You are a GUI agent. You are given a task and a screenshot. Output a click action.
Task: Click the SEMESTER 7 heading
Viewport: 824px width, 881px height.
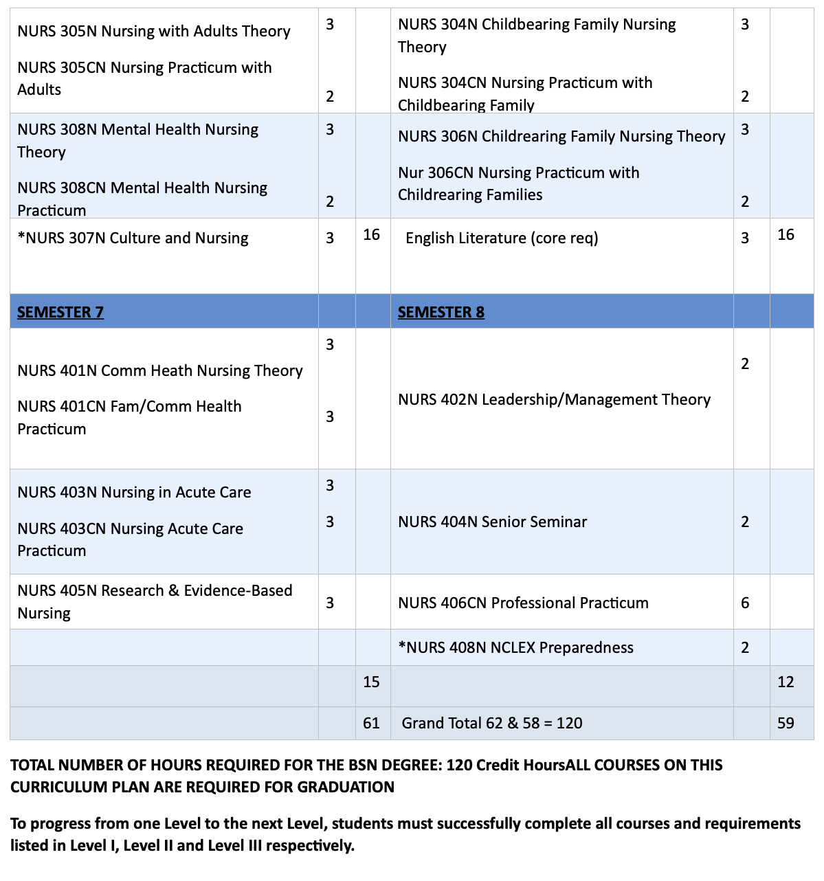[60, 312]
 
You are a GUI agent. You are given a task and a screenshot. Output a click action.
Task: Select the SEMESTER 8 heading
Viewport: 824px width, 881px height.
[441, 312]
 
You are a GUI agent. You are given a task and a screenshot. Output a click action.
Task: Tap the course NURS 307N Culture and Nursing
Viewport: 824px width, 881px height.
[133, 238]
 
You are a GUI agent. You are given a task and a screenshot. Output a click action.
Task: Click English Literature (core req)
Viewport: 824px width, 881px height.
[502, 238]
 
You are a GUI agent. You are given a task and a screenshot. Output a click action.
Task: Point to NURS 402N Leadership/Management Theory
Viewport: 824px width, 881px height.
[554, 399]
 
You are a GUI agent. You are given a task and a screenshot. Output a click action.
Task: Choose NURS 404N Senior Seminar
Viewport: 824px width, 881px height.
[493, 522]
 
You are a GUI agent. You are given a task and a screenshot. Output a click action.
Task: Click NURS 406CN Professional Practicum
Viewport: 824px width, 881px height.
[523, 603]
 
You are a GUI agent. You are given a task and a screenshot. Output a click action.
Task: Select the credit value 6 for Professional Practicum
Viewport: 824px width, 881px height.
[745, 603]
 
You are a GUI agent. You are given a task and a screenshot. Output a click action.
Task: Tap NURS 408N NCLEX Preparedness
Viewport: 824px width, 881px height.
[516, 647]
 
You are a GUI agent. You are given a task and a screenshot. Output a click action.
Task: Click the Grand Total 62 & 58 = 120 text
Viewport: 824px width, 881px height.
[492, 723]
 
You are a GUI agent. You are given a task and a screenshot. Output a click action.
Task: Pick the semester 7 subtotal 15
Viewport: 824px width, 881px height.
[371, 682]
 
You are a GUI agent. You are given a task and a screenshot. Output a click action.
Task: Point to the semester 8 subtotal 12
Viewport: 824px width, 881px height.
[786, 682]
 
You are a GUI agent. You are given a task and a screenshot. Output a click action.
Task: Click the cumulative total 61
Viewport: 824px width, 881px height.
[371, 723]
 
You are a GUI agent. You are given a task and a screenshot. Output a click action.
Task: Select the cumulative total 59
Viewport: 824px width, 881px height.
[786, 723]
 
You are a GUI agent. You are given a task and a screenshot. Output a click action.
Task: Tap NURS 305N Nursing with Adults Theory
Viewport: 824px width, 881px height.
[154, 31]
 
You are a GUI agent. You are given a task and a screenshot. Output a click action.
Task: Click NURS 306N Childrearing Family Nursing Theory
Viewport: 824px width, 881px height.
[561, 136]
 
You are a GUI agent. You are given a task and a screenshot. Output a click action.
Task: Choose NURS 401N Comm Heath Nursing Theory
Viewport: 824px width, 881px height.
[160, 370]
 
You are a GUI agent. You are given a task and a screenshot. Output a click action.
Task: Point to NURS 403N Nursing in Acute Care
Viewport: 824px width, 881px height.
[134, 492]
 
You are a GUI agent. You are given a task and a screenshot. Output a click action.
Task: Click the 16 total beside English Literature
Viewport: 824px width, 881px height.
[786, 235]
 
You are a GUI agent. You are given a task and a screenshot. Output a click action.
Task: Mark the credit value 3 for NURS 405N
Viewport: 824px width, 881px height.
[330, 603]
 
